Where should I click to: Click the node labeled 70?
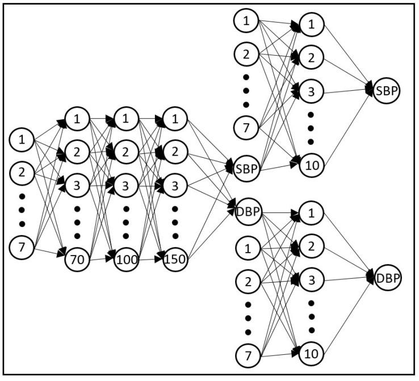point(77,260)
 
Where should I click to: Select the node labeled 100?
point(126,260)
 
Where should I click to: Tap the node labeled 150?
point(174,260)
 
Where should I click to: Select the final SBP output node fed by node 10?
point(387,91)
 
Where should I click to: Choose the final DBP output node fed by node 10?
point(387,278)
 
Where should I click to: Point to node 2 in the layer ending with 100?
point(126,152)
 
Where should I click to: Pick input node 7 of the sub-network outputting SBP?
point(246,126)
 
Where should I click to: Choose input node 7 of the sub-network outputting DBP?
point(246,355)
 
